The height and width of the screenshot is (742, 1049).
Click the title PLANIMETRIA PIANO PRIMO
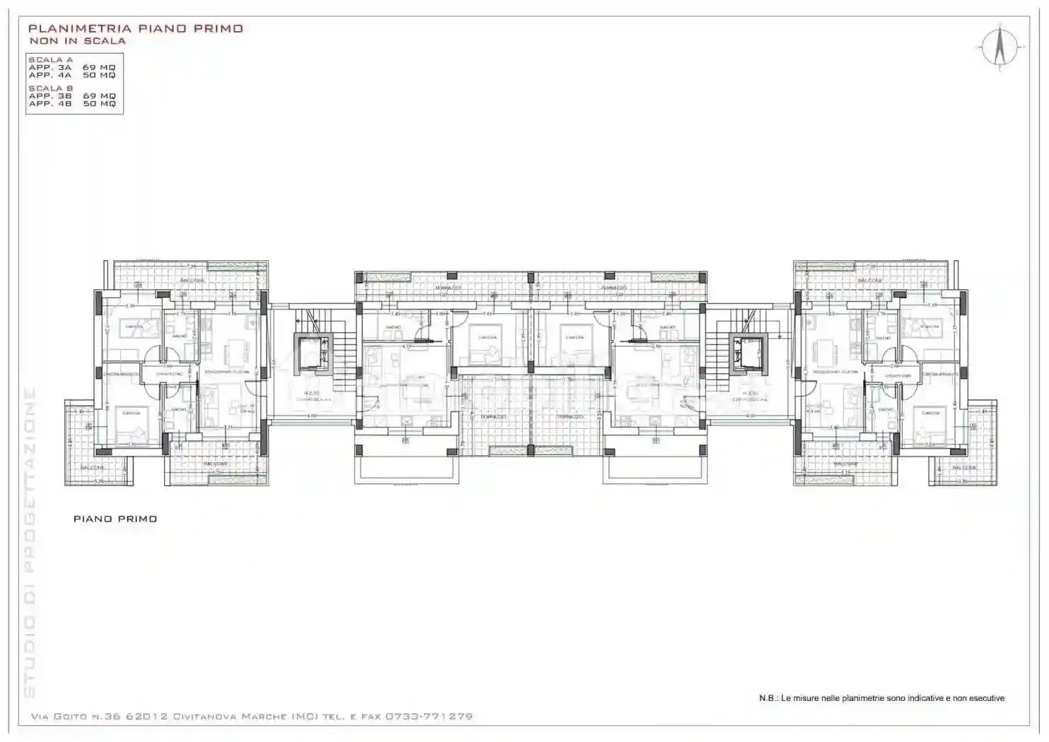135,29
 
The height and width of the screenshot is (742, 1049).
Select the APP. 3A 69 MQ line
71,68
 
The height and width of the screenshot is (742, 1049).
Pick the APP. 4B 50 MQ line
71,104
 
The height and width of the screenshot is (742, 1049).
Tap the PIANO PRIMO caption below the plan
115,519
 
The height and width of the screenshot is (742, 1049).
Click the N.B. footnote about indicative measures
881,698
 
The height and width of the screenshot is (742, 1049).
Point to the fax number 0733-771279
428,717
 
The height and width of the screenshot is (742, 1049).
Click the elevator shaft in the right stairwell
749,354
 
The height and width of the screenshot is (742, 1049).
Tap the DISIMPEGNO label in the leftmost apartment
170,374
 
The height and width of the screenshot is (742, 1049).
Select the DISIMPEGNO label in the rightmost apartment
898,375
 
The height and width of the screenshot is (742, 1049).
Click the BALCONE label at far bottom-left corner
93,468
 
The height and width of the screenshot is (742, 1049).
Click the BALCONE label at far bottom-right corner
965,468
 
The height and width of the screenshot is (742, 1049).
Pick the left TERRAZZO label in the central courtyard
492,418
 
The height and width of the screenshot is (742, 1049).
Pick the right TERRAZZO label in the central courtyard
569,418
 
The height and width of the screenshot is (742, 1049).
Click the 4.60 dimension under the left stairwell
311,416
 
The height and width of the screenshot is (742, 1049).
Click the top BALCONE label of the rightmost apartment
870,281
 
